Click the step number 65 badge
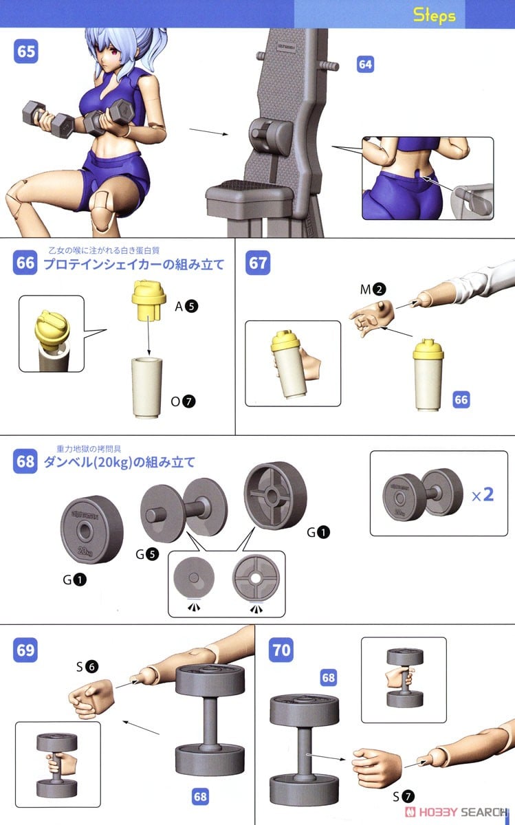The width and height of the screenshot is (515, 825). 26,53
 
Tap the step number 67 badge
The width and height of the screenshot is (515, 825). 258,264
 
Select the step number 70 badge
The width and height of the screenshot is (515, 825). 281,649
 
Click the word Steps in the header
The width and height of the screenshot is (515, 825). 434,14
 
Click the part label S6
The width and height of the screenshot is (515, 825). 88,666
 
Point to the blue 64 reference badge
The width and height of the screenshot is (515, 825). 366,65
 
